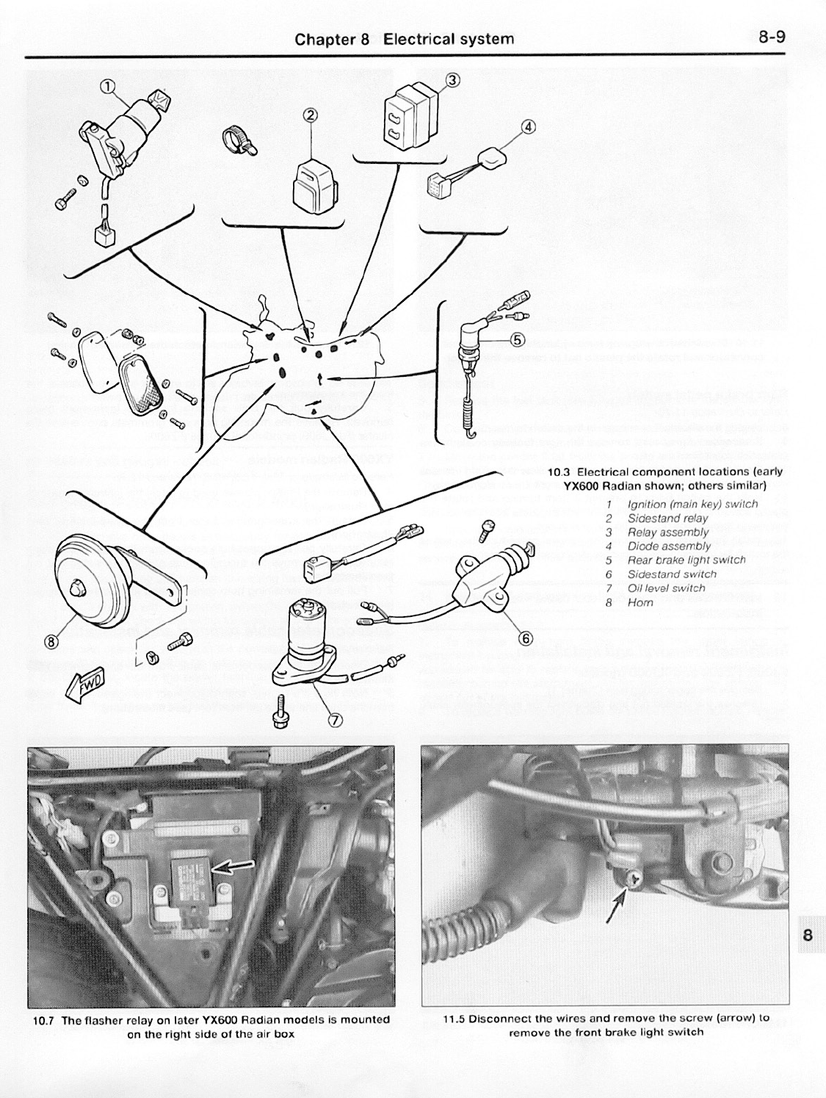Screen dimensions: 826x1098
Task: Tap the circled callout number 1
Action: point(108,87)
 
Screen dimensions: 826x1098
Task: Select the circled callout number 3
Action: point(453,80)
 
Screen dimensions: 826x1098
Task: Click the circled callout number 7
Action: point(334,720)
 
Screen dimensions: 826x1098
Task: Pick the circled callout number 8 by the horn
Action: point(52,641)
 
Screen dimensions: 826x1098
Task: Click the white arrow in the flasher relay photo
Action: point(231,869)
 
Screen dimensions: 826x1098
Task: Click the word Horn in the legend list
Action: point(640,602)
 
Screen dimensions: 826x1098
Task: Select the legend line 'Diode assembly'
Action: point(669,546)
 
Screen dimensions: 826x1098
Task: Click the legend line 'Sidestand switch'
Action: point(672,574)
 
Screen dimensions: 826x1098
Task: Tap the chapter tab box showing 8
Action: point(807,934)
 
